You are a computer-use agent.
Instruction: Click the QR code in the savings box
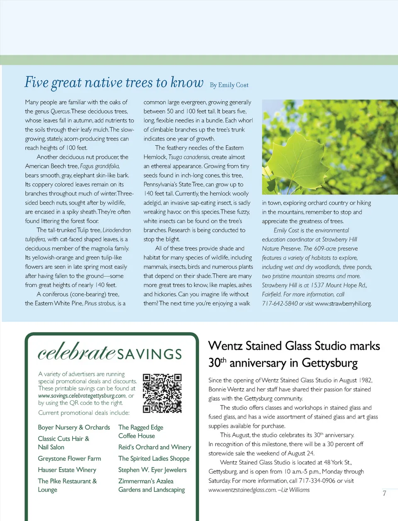(162, 393)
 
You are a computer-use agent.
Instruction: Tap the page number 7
(384, 493)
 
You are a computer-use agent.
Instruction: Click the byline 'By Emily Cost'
(229, 85)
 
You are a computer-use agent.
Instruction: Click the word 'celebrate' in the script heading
(76, 352)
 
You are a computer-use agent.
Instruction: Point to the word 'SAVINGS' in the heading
(149, 354)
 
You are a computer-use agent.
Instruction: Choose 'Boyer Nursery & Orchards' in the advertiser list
(74, 427)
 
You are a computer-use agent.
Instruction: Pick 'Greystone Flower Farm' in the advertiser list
(69, 458)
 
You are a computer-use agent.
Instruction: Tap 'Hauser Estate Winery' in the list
(67, 470)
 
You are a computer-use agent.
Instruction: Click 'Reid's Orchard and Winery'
(155, 447)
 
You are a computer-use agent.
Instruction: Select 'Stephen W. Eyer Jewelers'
(152, 470)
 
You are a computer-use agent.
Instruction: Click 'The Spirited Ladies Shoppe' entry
(154, 458)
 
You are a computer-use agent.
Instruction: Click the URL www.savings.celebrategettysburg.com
(82, 396)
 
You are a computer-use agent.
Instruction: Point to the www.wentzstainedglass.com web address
(242, 490)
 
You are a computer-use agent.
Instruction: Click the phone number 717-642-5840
(279, 303)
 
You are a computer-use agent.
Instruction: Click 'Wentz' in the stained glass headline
(226, 346)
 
